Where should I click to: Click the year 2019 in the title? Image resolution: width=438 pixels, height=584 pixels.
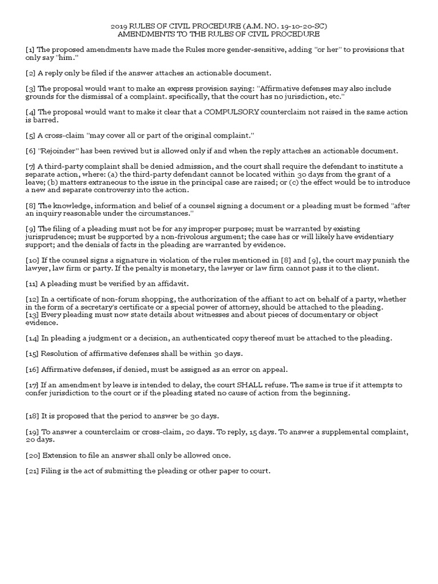[118, 26]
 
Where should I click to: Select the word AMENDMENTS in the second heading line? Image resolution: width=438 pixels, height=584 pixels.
[143, 34]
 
